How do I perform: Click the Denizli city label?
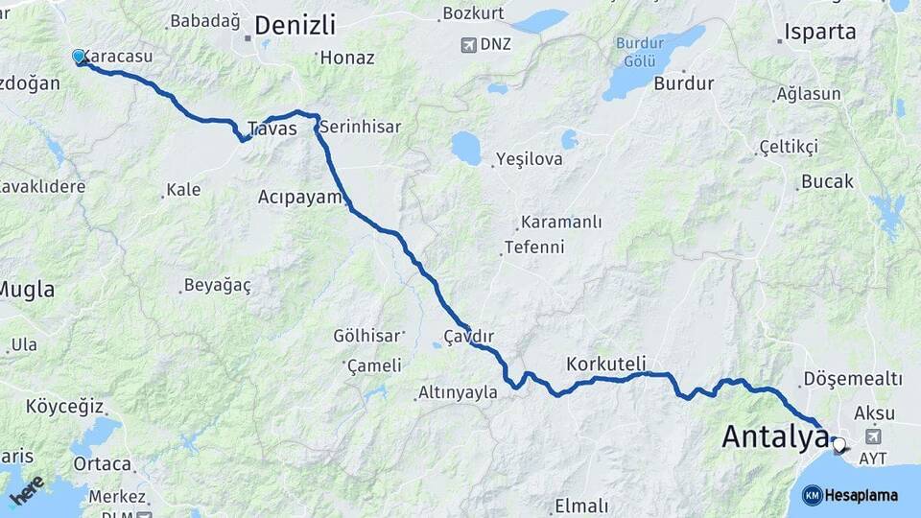point(295,25)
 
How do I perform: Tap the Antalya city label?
point(774,437)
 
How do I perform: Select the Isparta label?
point(819,32)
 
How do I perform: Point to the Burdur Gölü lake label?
point(640,51)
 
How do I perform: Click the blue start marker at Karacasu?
point(80,57)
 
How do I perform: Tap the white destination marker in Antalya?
point(839,445)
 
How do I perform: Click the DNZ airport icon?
point(469,44)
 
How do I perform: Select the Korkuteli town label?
point(606,365)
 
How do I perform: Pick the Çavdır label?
point(468,336)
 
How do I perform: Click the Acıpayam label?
point(299,197)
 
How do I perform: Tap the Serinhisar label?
point(360,126)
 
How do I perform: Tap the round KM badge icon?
point(813,495)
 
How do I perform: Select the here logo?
point(26,490)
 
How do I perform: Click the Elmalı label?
point(581,506)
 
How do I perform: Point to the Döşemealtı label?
point(853,379)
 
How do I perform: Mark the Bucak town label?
point(827,181)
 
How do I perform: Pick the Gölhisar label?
point(366,336)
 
